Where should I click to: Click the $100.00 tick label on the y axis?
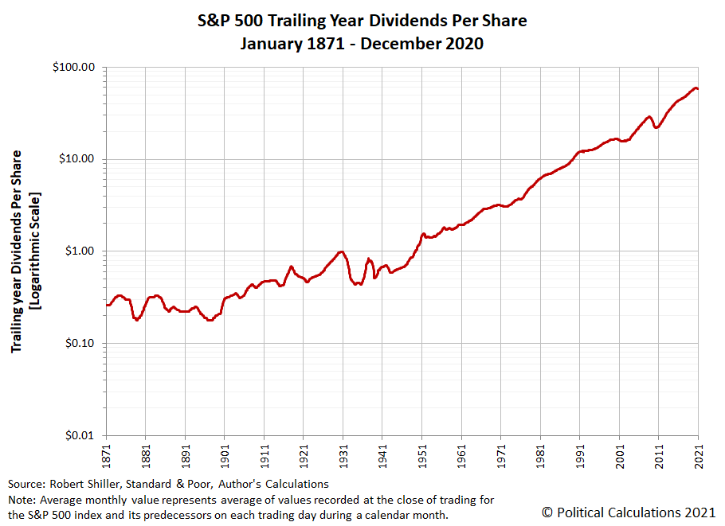tap(74, 67)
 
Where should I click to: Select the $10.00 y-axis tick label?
tap(77, 159)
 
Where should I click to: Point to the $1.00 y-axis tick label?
tap(80, 251)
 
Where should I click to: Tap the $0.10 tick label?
tap(80, 344)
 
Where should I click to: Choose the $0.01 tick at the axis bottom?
tap(80, 436)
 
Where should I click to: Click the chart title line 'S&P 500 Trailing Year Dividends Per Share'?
tap(362, 20)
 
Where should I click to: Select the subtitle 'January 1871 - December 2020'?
tap(362, 44)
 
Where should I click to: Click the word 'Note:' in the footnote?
tap(22, 499)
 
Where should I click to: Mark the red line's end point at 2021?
tap(698, 89)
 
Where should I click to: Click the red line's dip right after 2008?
tap(656, 127)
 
